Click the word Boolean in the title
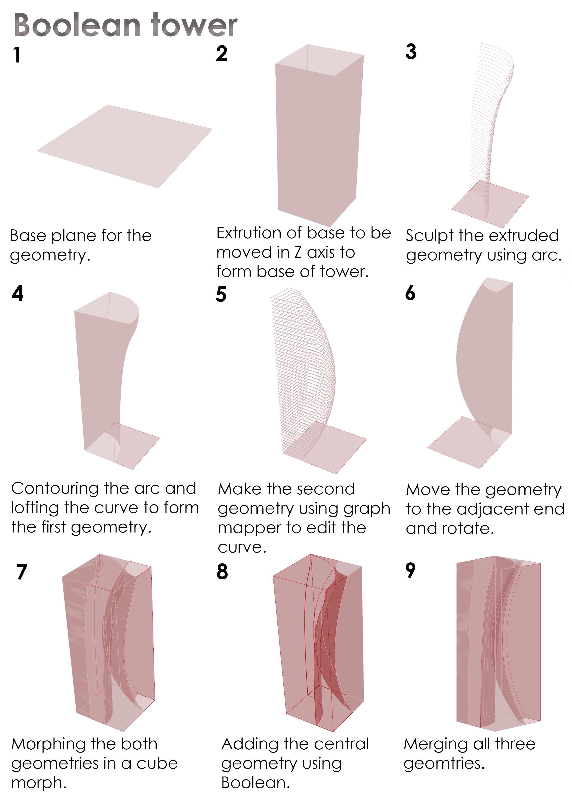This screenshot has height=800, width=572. (77, 25)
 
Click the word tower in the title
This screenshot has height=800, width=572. (194, 25)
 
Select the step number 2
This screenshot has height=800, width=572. (222, 54)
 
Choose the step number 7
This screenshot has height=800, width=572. (22, 571)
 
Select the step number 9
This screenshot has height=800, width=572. (411, 570)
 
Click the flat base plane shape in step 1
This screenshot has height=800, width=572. (125, 146)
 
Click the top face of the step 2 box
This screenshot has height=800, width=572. (319, 60)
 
